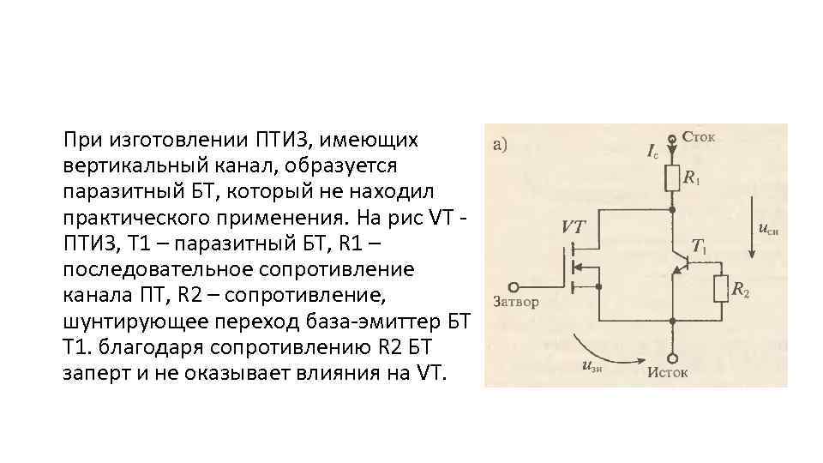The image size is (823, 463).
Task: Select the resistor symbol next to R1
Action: click(x=672, y=179)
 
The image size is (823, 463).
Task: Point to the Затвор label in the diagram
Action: click(x=515, y=302)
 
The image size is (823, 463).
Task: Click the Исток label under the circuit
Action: click(x=668, y=373)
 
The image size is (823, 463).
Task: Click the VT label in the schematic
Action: click(x=574, y=228)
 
